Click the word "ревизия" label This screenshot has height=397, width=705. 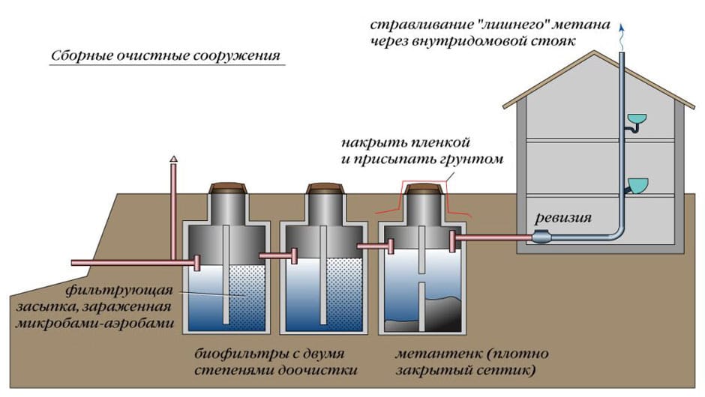(x=565, y=219)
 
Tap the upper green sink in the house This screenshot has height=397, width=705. (x=636, y=119)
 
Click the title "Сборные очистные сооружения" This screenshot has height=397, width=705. (x=164, y=57)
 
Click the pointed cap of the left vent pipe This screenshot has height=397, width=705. (x=173, y=159)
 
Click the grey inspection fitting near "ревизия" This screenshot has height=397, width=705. (x=542, y=237)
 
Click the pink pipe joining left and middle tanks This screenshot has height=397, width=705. (x=277, y=256)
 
